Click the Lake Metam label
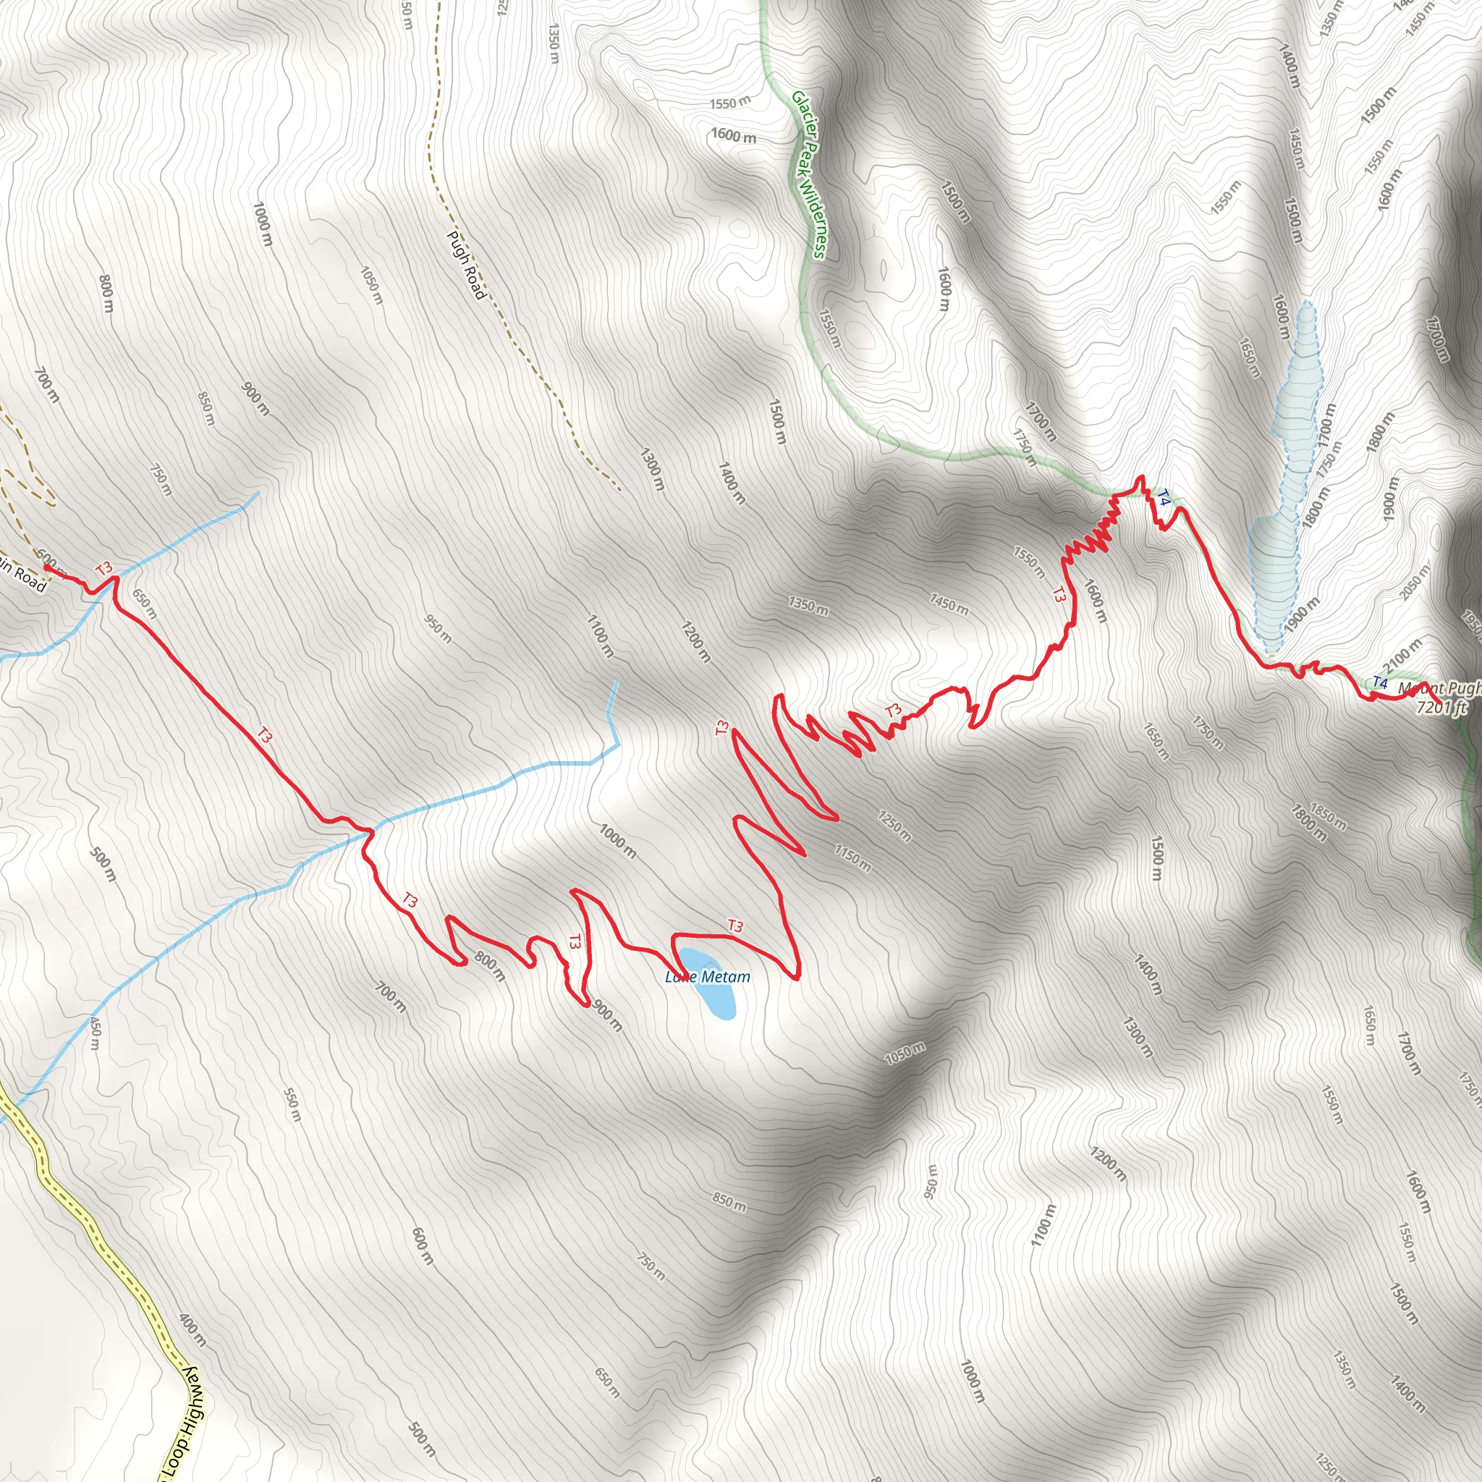tap(707, 976)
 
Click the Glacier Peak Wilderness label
tap(808, 175)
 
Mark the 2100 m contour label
tap(1403, 655)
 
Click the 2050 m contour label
tap(1414, 583)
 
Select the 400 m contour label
tap(192, 1330)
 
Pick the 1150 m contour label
tap(853, 859)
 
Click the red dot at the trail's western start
tap(48, 567)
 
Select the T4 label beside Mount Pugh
tap(1380, 682)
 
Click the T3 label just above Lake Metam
tap(735, 926)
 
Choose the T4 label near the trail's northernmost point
tap(1164, 499)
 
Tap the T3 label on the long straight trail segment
tap(264, 736)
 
